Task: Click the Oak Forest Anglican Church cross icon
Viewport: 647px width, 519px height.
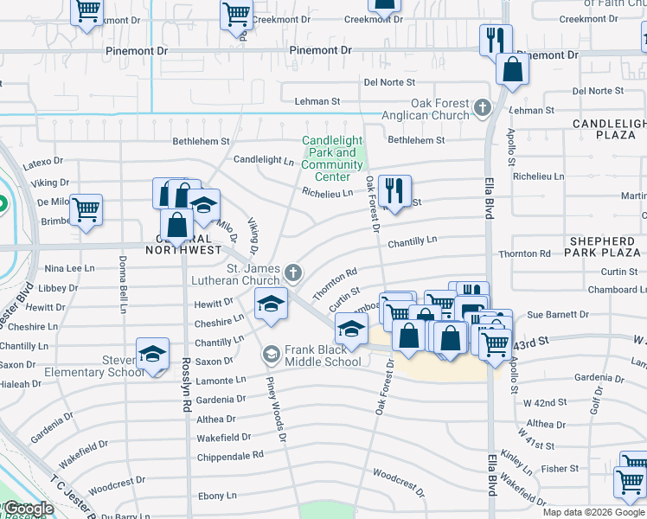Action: click(x=483, y=110)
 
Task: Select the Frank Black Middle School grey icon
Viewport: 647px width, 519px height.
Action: click(x=272, y=355)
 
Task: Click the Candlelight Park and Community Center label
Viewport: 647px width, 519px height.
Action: click(x=332, y=159)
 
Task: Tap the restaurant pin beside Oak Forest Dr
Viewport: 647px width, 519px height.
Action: click(x=394, y=192)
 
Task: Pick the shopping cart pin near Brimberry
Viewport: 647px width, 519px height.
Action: click(x=86, y=210)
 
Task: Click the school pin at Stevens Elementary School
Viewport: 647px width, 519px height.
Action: click(x=152, y=355)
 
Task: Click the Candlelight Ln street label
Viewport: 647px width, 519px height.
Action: click(x=264, y=160)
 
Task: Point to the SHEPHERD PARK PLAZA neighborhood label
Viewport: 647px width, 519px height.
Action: click(x=606, y=247)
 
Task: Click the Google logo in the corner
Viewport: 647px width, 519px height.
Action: click(x=29, y=509)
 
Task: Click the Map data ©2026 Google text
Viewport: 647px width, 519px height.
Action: click(x=593, y=512)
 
